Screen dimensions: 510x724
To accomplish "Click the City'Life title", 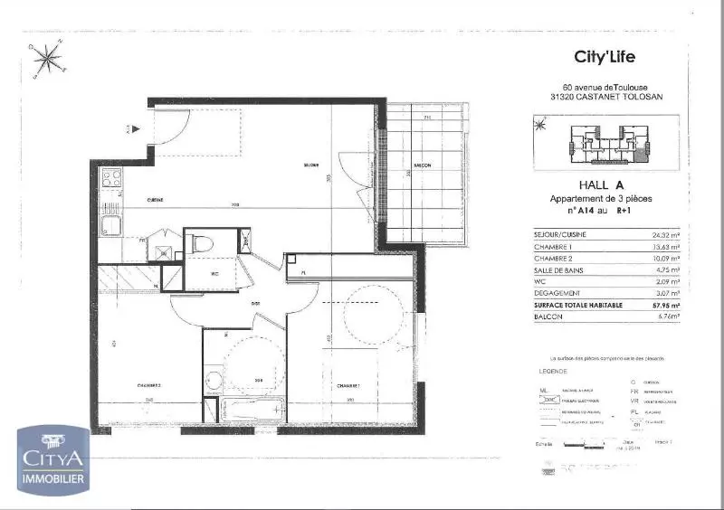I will (x=605, y=57).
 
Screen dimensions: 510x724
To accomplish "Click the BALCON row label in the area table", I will (x=546, y=316).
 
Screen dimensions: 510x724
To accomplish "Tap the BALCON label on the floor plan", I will (x=422, y=165).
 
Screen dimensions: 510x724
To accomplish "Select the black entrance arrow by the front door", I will (x=136, y=128).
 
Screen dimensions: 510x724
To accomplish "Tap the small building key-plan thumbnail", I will (x=605, y=146).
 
